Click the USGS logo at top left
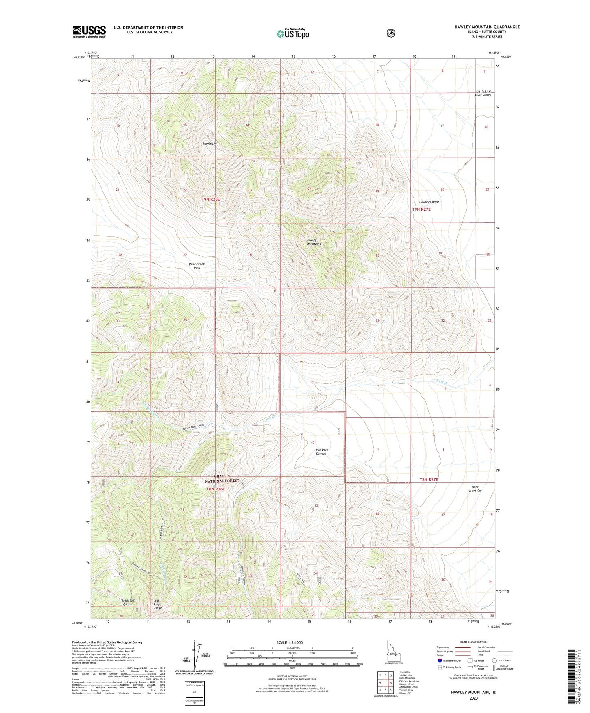point(89,31)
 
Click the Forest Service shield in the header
point(391,33)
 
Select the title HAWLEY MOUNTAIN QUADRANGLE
point(487,27)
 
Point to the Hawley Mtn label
point(212,143)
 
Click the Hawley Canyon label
point(430,202)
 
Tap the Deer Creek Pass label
point(197,266)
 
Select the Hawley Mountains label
point(314,242)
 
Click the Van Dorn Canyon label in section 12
point(322,452)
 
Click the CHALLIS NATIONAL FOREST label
point(223,478)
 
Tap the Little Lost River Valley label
point(483,93)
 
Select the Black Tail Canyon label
point(128,602)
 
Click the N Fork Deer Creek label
point(193,426)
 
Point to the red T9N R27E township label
point(421,209)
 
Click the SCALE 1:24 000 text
point(289,642)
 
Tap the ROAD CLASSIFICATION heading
point(473,642)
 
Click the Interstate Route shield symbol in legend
point(439,660)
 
